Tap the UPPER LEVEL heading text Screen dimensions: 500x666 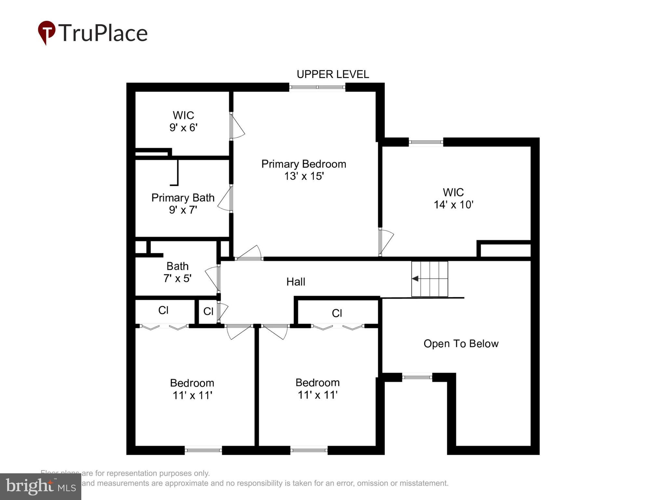[333, 75]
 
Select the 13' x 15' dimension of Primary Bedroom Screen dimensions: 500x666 [304, 176]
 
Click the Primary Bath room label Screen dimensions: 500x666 [183, 198]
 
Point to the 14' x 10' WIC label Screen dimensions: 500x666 [453, 199]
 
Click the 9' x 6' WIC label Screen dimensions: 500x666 [183, 121]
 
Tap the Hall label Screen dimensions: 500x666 [296, 282]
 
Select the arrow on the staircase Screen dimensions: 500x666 [415, 279]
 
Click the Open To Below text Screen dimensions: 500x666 [461, 344]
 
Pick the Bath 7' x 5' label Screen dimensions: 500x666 [177, 272]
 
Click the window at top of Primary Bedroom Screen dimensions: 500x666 [317, 87]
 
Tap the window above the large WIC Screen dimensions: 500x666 [426, 142]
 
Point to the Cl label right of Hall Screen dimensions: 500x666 [337, 313]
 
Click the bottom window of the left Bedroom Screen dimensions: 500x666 [203, 450]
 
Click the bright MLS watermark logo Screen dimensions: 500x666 [41, 487]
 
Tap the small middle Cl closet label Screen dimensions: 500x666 [208, 312]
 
